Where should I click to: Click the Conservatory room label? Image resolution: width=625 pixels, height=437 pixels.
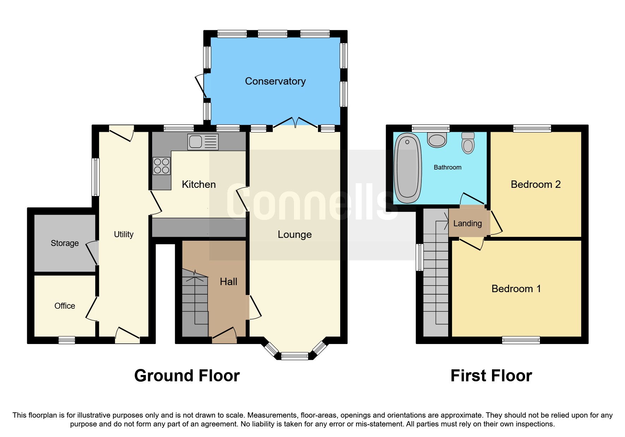[x=275, y=81]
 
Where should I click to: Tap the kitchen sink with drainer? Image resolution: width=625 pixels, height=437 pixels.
[x=203, y=142]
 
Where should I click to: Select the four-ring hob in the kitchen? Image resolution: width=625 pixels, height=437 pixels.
[x=161, y=166]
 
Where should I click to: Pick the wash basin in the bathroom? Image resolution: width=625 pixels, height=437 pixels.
[x=437, y=140]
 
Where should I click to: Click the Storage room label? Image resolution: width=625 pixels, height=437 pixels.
[x=65, y=243]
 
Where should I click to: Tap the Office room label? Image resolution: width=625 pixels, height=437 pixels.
[x=65, y=306]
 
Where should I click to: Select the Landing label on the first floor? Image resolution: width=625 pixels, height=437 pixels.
[x=467, y=223]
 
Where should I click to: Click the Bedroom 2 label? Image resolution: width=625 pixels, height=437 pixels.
[x=535, y=184]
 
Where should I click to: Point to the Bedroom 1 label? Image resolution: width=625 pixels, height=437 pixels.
[x=516, y=289]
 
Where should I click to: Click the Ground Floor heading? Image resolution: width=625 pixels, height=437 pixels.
[x=187, y=376]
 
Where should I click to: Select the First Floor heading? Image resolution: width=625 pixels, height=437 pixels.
[x=491, y=376]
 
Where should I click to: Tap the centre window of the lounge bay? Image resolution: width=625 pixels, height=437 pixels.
[x=295, y=356]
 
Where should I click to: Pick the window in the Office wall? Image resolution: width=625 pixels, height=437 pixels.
[x=67, y=340]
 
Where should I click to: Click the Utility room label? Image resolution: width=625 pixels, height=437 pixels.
[x=124, y=234]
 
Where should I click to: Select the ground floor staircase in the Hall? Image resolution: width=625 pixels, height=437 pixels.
[x=195, y=303]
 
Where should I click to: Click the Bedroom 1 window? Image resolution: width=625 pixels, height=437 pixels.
[x=521, y=340]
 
